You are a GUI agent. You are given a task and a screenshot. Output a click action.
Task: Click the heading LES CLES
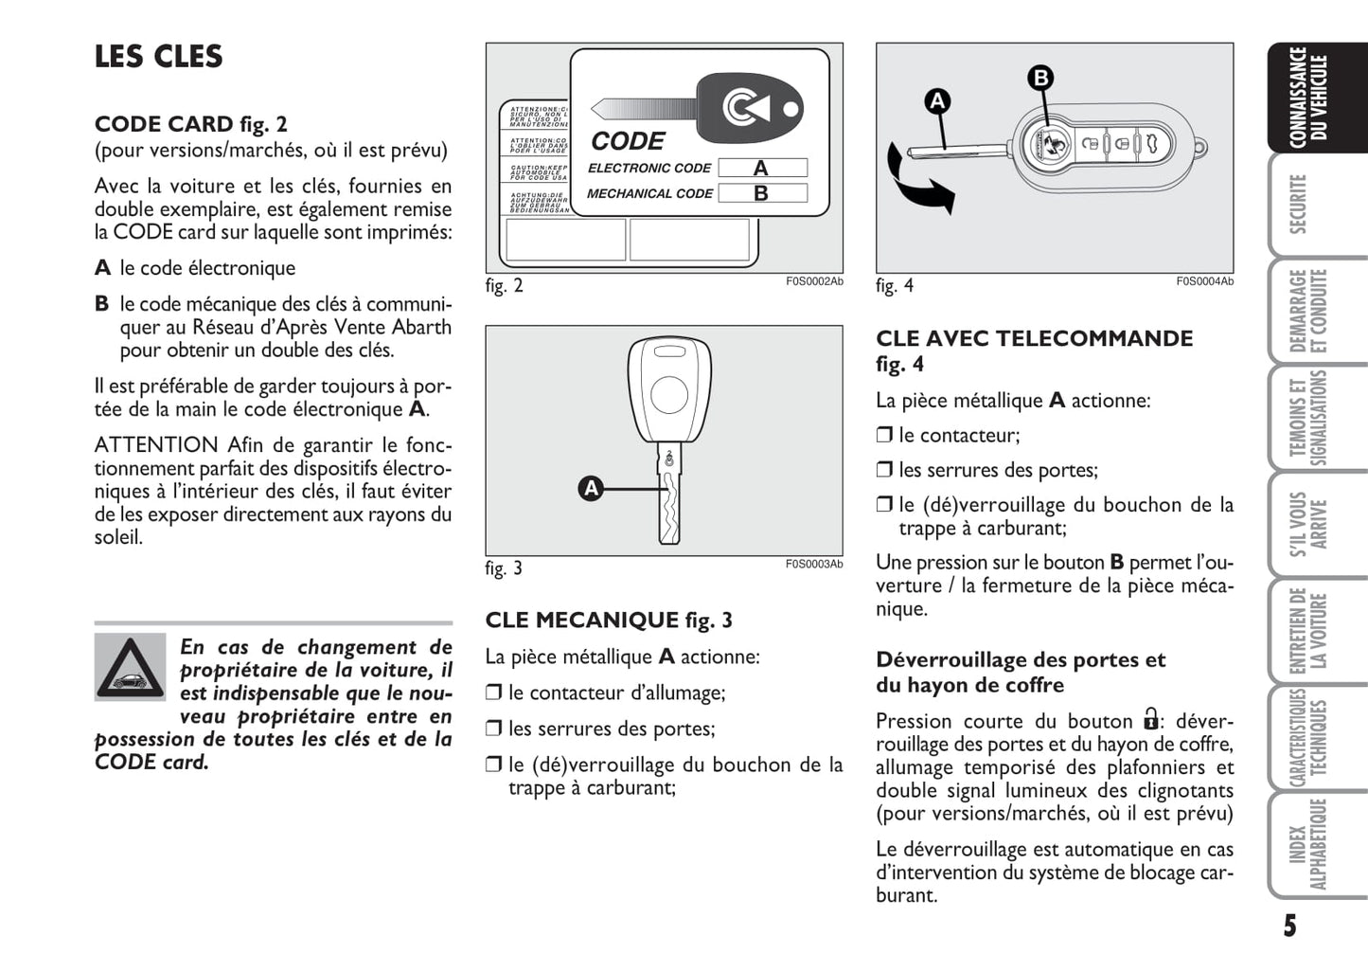(x=158, y=57)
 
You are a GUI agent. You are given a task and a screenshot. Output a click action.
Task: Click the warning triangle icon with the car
(x=130, y=666)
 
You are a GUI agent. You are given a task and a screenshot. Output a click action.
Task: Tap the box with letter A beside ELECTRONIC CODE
(x=761, y=169)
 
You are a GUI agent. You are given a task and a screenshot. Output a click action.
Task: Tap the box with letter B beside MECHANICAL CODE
(x=761, y=193)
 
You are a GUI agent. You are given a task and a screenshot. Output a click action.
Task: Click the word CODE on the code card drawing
(x=628, y=141)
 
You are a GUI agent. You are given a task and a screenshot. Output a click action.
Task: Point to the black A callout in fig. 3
(x=592, y=489)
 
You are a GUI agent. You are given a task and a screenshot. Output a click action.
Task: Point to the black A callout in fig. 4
(x=937, y=101)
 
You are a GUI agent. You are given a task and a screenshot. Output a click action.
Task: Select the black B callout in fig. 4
(x=1040, y=78)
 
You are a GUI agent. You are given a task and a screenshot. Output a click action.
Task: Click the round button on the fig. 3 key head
(x=669, y=395)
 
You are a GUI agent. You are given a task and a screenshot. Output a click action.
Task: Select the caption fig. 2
(x=504, y=286)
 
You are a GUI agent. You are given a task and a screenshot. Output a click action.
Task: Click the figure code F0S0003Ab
(x=813, y=565)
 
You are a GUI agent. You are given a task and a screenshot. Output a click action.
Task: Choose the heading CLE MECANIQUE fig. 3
(x=609, y=621)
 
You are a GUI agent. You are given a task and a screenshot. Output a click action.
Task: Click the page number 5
(x=1289, y=926)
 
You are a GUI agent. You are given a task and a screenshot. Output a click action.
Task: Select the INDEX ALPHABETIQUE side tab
(x=1306, y=845)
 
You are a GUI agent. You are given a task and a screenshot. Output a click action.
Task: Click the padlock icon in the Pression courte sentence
(x=1150, y=719)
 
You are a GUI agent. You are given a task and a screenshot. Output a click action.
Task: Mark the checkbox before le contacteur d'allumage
(x=493, y=693)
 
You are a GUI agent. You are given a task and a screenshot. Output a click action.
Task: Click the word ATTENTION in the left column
(x=156, y=445)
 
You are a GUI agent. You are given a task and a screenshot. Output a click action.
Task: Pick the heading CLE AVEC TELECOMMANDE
(x=1034, y=339)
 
